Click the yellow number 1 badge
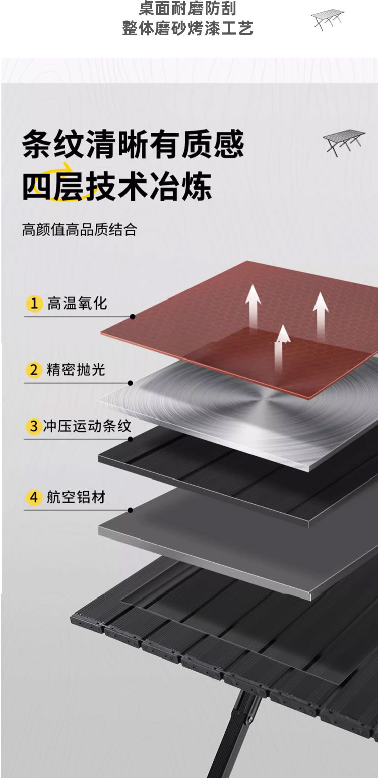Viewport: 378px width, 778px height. (34, 304)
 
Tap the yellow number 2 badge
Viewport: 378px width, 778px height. (34, 370)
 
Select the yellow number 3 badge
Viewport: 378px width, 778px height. (34, 426)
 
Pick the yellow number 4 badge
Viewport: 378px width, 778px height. (34, 497)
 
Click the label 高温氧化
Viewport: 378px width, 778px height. (77, 304)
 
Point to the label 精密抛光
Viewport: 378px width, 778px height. (76, 370)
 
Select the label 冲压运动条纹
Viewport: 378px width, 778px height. (87, 426)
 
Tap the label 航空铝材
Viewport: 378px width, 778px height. (76, 497)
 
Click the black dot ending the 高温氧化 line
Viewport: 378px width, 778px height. (133, 317)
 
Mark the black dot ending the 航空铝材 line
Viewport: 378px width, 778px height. (130, 510)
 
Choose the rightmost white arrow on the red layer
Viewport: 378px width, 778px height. (321, 313)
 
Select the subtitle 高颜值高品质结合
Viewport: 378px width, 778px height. (80, 230)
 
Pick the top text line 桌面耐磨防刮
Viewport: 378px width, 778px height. (187, 9)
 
